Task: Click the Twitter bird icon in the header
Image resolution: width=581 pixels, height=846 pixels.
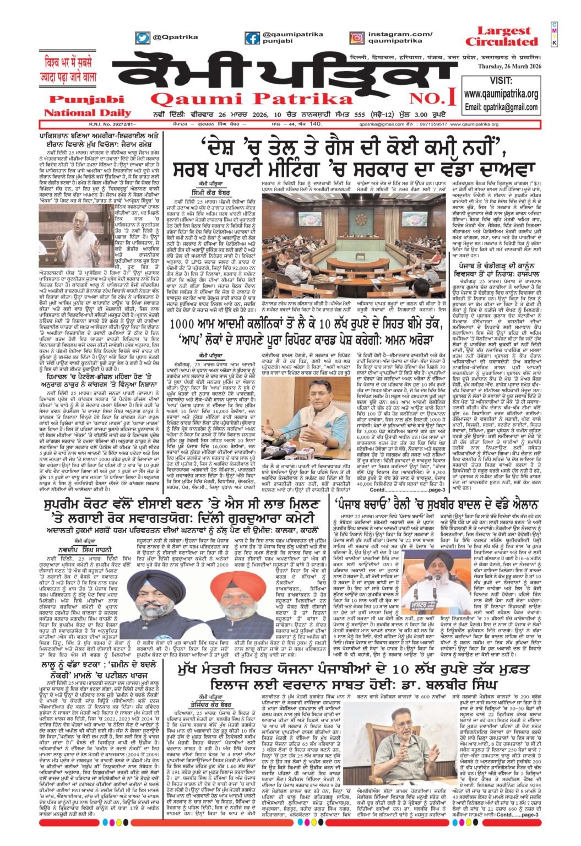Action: coord(142,37)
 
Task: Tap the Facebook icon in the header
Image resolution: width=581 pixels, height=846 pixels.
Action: coord(252,38)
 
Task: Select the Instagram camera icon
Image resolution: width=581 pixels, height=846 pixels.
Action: coord(357,38)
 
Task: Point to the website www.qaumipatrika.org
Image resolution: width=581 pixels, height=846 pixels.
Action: coord(501,94)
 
